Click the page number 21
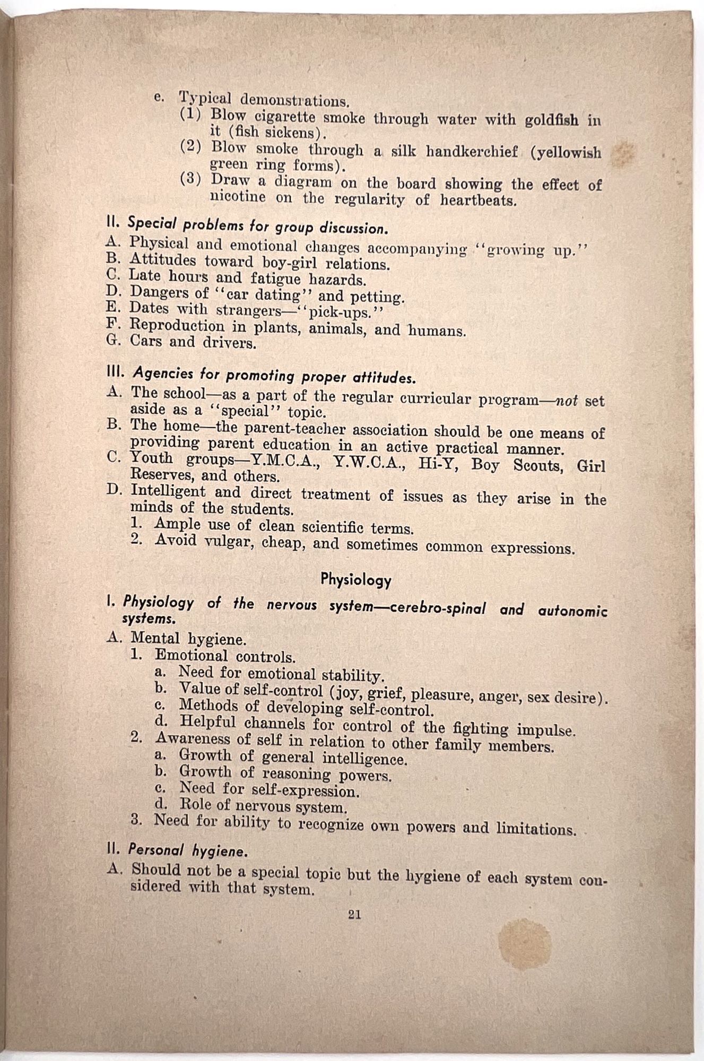click(354, 914)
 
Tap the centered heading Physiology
click(356, 580)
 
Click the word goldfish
click(551, 120)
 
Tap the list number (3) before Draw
click(190, 179)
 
